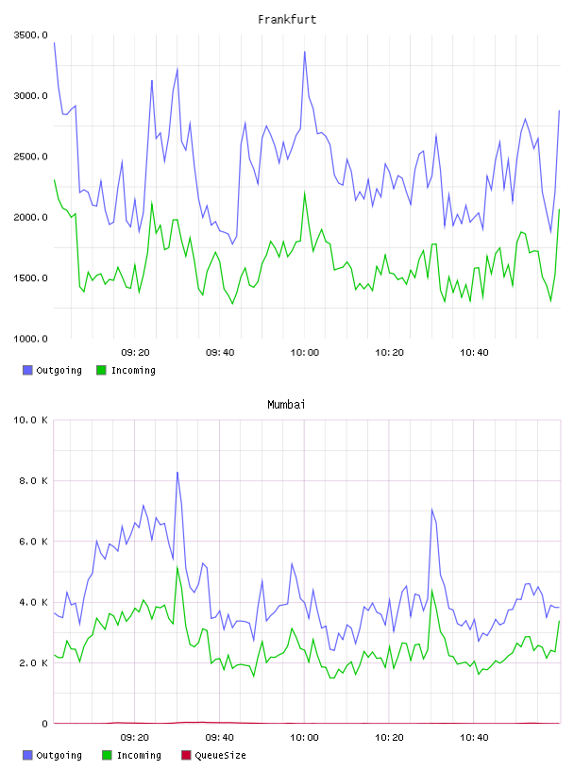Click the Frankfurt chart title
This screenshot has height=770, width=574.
287,20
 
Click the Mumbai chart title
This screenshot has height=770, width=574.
286,405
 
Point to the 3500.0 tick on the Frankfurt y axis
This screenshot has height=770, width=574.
31,35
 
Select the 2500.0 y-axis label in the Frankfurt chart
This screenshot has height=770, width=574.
31,157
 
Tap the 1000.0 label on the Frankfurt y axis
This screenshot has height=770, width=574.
31,339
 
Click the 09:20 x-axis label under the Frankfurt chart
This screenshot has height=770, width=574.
135,353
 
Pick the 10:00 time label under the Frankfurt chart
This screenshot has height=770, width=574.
305,353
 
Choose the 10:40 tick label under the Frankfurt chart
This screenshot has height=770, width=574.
474,353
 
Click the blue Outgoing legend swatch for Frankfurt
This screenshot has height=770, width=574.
27,370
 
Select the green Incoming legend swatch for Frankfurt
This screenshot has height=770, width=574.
101,370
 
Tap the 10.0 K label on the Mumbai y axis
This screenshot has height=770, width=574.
31,420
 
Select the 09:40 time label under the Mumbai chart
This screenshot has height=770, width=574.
220,738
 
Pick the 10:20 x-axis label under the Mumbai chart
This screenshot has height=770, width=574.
389,738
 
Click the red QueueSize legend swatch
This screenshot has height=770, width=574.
186,755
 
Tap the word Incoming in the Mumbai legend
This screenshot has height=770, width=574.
139,756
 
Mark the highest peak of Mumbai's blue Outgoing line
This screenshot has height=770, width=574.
177,473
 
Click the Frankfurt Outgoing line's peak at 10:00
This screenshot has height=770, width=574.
305,52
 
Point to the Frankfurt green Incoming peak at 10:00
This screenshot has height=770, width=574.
305,192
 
